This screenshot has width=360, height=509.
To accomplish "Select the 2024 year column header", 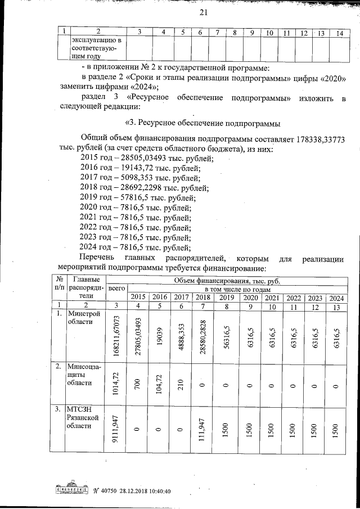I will (336, 297).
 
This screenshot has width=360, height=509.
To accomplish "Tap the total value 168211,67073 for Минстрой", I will (115, 334).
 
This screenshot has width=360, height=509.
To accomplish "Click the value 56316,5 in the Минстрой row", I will (225, 334).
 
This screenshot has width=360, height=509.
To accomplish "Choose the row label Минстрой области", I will (83, 317).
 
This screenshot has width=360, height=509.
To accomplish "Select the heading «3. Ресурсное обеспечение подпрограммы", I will (202, 123).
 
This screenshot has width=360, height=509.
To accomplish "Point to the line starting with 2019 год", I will (138, 197).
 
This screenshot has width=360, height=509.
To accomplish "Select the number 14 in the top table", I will (339, 33).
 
